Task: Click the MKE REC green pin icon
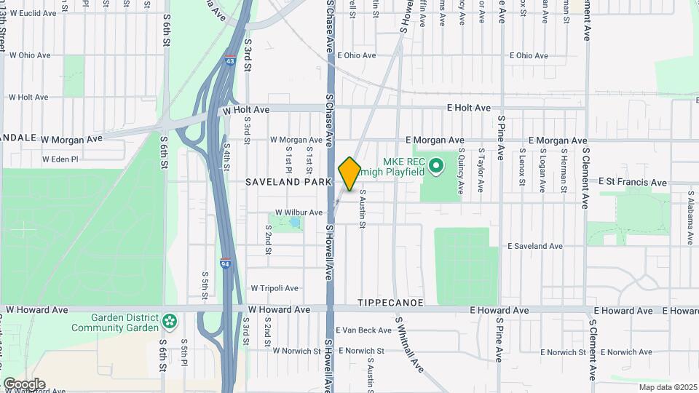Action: (436, 167)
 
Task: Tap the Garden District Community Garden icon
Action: (169, 320)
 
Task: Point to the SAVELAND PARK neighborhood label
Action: (288, 181)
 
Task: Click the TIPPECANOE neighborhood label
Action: (385, 301)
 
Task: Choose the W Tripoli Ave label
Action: (275, 288)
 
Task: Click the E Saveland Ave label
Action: (535, 247)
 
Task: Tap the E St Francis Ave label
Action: (632, 183)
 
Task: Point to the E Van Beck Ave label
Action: (363, 330)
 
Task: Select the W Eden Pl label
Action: (60, 159)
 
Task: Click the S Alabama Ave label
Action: (690, 218)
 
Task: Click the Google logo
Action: (24, 384)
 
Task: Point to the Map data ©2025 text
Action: (667, 387)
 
